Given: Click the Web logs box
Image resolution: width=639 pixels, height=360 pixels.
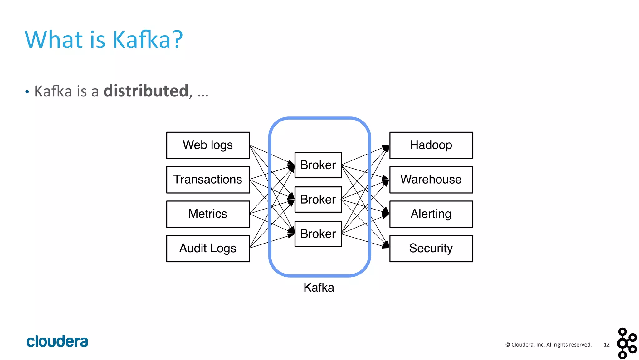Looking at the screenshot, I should tap(208, 145).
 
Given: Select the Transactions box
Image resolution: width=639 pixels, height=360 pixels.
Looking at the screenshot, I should tap(208, 180).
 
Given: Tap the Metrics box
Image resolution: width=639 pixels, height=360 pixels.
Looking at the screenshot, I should tap(208, 214).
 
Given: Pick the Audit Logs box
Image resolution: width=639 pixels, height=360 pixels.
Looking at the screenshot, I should tap(208, 248).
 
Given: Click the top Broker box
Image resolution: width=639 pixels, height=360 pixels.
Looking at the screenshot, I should tap(318, 165).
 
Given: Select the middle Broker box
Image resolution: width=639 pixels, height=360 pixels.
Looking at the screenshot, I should tap(318, 199).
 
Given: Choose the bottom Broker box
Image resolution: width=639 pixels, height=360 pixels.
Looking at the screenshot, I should tap(318, 234).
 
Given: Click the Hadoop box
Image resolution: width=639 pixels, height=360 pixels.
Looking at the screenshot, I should tap(431, 145).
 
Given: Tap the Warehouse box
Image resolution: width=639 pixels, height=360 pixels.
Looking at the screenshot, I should tap(431, 180).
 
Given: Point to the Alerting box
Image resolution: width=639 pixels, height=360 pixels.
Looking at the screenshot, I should tap(431, 214).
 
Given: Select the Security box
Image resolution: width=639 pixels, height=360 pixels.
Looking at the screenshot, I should tap(431, 248).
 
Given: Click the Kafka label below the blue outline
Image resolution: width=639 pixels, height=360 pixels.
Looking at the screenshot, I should tap(319, 288).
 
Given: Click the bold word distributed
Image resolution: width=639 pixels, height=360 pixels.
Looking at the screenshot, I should tap(146, 91).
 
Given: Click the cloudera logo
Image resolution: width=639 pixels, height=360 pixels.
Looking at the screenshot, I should tap(57, 341).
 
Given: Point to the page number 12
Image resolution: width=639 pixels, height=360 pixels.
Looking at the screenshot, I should tap(606, 345).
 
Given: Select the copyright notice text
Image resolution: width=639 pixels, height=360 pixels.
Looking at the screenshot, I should tap(548, 345).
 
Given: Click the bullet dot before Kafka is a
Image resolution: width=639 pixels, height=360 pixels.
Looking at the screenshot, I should tap(27, 92).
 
